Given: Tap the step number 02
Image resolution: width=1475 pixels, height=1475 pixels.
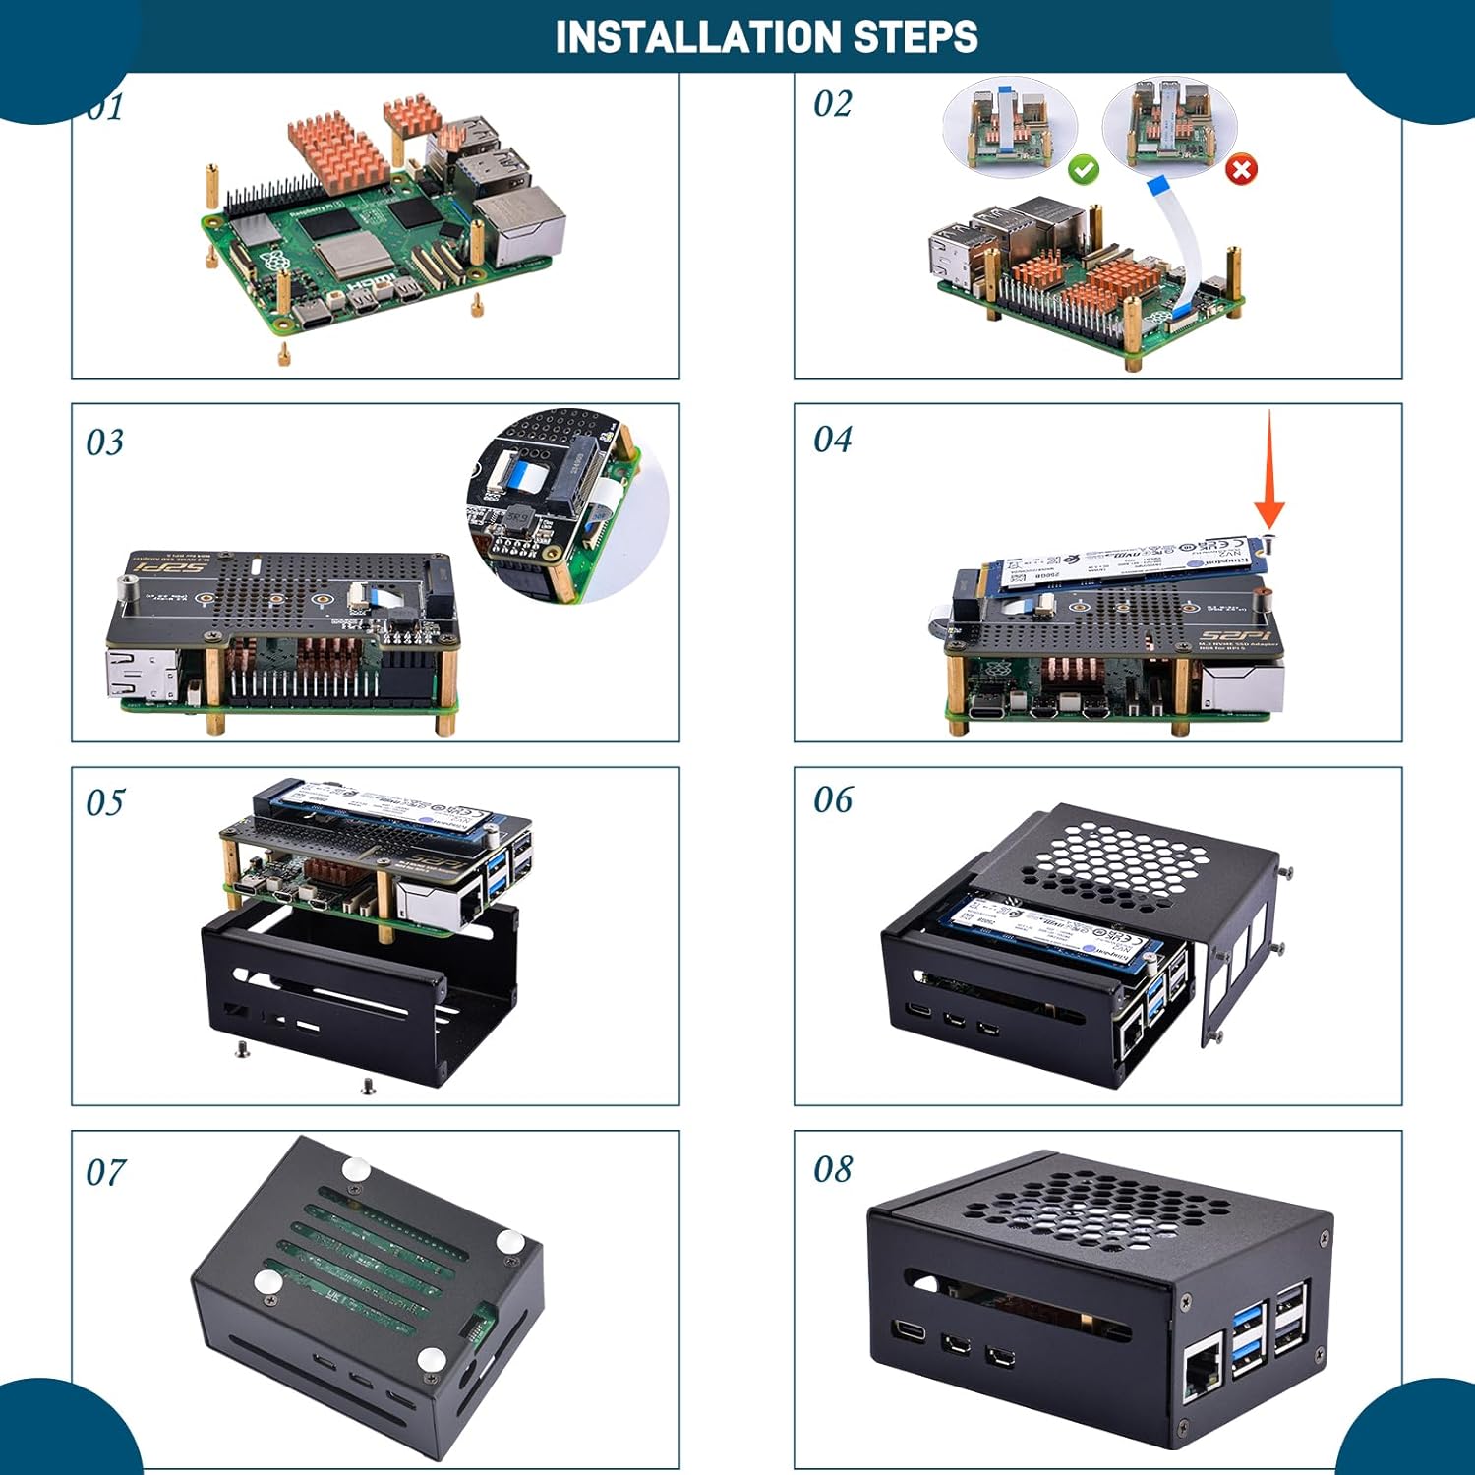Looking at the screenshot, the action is pos(832,104).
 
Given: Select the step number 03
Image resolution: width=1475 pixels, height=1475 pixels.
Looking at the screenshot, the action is pos(105,442).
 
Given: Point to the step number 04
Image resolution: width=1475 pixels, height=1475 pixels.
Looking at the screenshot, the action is pos(832,440).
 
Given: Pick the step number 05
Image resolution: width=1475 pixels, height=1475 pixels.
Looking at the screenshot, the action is pos(105,802).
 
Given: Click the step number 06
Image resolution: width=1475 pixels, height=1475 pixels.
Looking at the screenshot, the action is pos(832,799).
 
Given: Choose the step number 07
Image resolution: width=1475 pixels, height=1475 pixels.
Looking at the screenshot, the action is pos(105,1172).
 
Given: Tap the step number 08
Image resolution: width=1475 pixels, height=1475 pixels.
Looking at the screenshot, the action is pos(832,1169).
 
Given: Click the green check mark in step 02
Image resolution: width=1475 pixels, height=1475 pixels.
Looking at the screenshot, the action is pos(1084,170).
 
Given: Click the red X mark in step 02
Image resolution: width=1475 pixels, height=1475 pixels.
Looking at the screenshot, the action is pos(1241,170).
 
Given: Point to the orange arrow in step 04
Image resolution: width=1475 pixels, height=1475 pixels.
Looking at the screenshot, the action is pos(1268,472).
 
